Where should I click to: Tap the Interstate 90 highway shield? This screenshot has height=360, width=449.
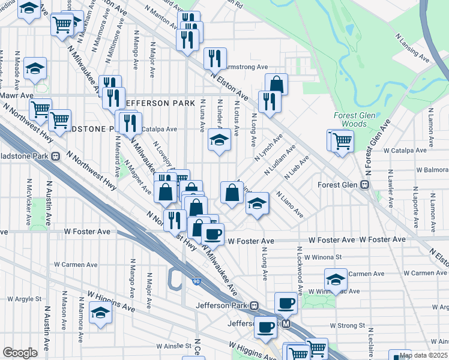pyautogui.click(x=196, y=281)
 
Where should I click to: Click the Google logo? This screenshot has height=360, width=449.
pyautogui.click(x=20, y=353)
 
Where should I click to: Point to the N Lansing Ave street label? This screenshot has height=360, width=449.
pyautogui.click(x=412, y=47)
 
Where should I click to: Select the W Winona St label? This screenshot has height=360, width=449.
pyautogui.click(x=322, y=257)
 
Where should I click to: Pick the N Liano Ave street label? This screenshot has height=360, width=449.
pyautogui.click(x=289, y=205)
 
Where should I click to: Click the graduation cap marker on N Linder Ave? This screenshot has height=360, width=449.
pyautogui.click(x=219, y=140)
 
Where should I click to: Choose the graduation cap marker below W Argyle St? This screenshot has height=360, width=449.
pyautogui.click(x=100, y=312)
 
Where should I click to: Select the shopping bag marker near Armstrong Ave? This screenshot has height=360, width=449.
pyautogui.click(x=276, y=83)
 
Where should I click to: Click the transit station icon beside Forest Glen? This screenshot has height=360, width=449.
pyautogui.click(x=364, y=185)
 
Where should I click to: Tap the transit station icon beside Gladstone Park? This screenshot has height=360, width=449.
pyautogui.click(x=55, y=157)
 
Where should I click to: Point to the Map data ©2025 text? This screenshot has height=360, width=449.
pyautogui.click(x=424, y=355)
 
